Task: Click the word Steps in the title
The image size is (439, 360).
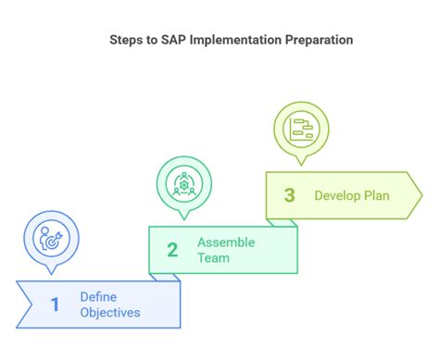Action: [x=126, y=41]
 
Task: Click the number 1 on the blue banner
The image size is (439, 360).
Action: [x=55, y=304]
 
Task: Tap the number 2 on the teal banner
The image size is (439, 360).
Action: [x=172, y=249]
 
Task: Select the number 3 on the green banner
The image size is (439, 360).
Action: [x=289, y=195]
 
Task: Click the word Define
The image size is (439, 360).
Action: [x=97, y=296]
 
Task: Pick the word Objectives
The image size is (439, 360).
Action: [x=110, y=313]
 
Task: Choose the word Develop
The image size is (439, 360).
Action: [x=336, y=195]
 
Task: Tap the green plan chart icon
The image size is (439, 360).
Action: [x=300, y=127]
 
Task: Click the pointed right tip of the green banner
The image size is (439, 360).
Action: [x=421, y=194]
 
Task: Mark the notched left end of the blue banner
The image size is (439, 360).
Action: [x=28, y=304]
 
